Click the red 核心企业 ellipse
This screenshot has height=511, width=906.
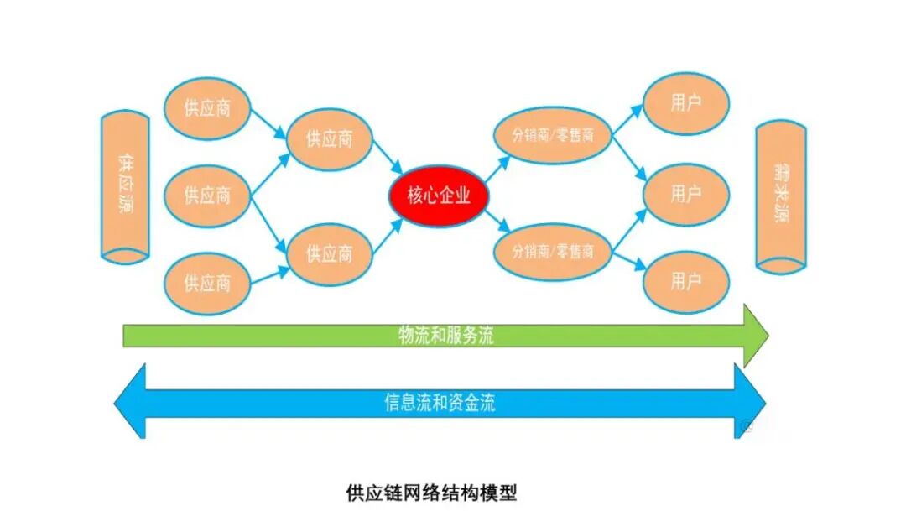click(439, 196)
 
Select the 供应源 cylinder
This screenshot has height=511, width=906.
click(125, 187)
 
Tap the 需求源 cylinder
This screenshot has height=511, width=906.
click(781, 196)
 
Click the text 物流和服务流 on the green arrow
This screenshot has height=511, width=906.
click(446, 336)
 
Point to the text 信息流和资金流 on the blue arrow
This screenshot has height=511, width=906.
click(440, 402)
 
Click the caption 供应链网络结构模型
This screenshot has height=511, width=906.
click(432, 493)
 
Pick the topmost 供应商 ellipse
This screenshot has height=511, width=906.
click(207, 108)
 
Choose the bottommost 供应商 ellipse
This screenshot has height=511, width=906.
click(207, 284)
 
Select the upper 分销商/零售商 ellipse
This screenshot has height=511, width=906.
click(552, 135)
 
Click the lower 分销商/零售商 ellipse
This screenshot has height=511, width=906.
click(552, 252)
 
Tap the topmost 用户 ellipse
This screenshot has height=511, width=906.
click(686, 103)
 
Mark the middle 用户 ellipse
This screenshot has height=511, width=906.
click(686, 194)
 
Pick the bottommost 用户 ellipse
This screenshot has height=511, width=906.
click(686, 282)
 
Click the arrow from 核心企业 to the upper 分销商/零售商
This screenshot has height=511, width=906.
click(497, 169)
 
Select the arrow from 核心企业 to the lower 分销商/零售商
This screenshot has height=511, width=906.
click(497, 222)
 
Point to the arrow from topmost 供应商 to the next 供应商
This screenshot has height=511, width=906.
click(268, 123)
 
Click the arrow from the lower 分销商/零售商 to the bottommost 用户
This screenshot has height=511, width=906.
click(629, 261)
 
